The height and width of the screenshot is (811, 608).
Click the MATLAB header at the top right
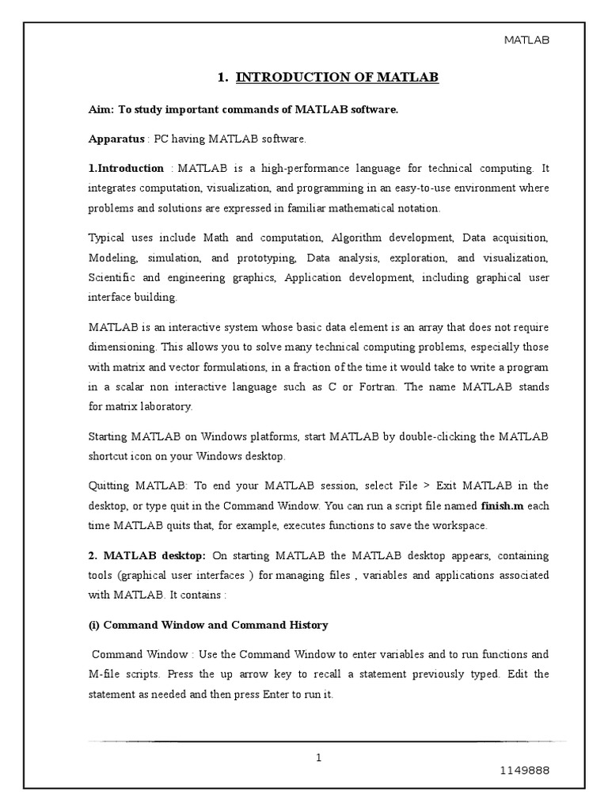point(526,40)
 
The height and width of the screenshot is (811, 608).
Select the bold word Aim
point(97,110)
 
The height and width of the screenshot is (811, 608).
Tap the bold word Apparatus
point(116,139)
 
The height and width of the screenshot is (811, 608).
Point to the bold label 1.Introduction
point(125,168)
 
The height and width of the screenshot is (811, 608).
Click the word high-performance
point(292,168)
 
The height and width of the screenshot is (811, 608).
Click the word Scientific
point(114,278)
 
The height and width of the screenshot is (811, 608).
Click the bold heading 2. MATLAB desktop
point(146,555)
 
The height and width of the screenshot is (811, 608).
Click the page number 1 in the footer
point(319,758)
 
